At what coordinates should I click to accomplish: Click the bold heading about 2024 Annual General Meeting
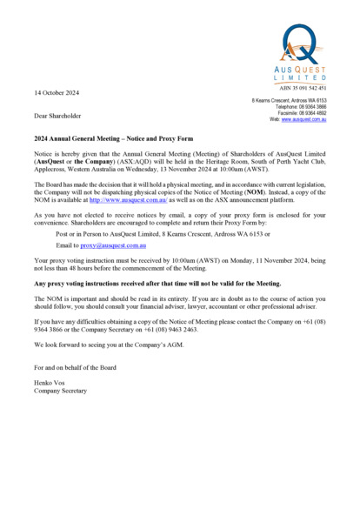click(113, 138)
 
